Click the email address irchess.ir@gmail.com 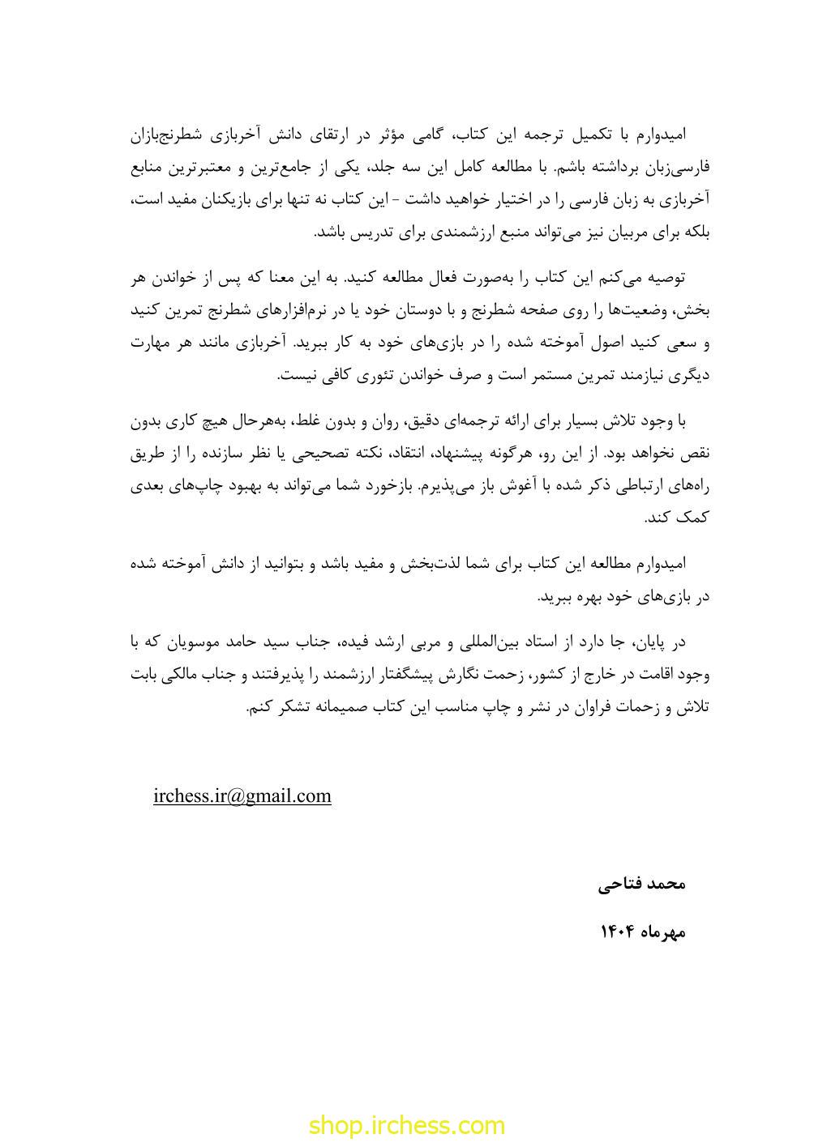pos(242,795)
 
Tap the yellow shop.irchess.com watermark pos(406,1124)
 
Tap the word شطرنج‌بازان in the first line pos(171,134)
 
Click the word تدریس pos(367,232)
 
